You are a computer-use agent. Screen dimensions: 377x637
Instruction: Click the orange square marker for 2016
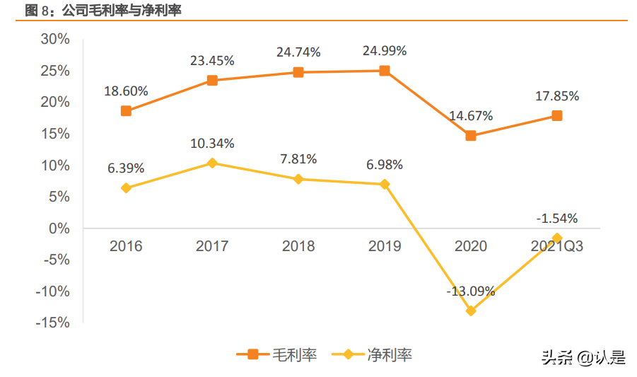pos(126,111)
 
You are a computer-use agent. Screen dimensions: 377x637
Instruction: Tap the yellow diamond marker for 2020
pos(471,311)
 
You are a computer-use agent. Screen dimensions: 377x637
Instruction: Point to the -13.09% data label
pos(471,291)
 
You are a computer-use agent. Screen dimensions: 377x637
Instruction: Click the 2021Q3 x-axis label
pos(557,246)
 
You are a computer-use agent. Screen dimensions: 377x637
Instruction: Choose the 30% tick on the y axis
pos(54,39)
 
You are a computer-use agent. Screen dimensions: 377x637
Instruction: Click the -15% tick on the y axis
pos(52,323)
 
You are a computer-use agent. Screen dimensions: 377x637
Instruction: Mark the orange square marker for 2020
pos(471,136)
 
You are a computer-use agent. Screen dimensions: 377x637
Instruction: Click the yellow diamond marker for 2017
pos(212,163)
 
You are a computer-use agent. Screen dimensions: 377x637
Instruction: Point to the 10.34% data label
pos(212,144)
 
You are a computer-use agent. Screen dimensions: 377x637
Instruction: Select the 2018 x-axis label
pos(298,246)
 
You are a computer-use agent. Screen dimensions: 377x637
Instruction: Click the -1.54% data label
pos(557,218)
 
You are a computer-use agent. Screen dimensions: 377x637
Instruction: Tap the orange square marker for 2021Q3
pos(557,115)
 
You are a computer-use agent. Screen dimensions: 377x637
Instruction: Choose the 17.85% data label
pos(557,96)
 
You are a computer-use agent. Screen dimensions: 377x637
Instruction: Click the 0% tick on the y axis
pos(59,228)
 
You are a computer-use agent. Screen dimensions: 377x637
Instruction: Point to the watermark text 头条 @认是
pos(583,357)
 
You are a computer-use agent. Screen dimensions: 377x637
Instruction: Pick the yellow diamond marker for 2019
pos(385,184)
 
